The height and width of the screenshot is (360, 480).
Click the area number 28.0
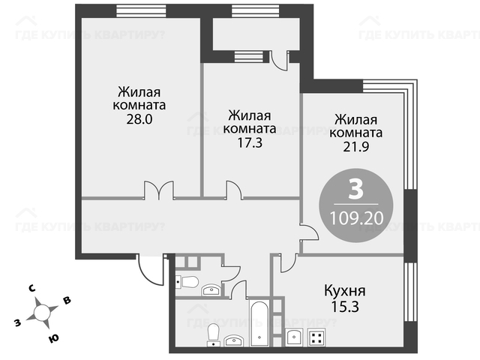pyautogui.click(x=139, y=119)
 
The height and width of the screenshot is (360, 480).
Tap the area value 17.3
pyautogui.click(x=250, y=143)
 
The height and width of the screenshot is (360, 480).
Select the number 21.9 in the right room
pyautogui.click(x=356, y=147)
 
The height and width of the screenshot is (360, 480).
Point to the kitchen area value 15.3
pyautogui.click(x=345, y=307)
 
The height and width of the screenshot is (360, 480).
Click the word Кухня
pyautogui.click(x=345, y=291)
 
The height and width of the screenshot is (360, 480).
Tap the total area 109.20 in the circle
pyautogui.click(x=357, y=218)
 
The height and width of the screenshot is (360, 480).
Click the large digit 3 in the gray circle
pyautogui.click(x=356, y=189)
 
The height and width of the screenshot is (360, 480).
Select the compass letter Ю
pyautogui.click(x=53, y=338)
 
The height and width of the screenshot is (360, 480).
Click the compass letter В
pyautogui.click(x=67, y=300)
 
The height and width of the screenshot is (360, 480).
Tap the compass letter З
pyautogui.click(x=18, y=322)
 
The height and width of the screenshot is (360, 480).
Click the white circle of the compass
pyautogui.click(x=42, y=313)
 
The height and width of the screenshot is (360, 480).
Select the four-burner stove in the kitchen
pyautogui.click(x=316, y=337)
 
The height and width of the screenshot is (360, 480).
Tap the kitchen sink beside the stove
pyautogui.click(x=294, y=337)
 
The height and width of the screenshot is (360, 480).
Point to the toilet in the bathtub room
pyautogui.click(x=213, y=335)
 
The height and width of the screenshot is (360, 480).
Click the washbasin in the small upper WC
pyautogui.click(x=211, y=290)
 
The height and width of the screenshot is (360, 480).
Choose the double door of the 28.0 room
pyautogui.click(x=159, y=190)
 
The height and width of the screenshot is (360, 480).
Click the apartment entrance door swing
pyautogui.click(x=151, y=270)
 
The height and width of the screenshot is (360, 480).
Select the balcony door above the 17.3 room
pyautogui.click(x=280, y=61)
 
